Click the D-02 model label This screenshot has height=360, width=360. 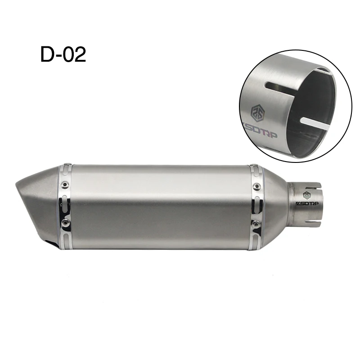[x=63, y=54]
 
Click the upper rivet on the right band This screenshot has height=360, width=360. [x=256, y=185]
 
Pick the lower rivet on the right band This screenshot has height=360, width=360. [x=255, y=223]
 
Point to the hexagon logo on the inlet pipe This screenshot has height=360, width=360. [x=307, y=195]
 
